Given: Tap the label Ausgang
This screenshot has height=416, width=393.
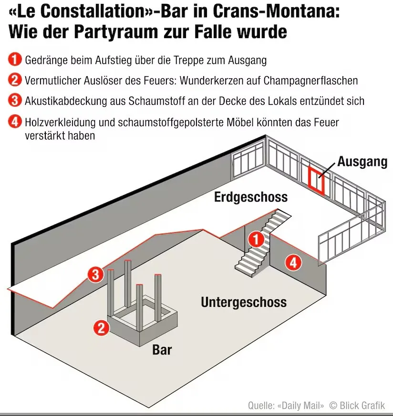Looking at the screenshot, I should (362, 162).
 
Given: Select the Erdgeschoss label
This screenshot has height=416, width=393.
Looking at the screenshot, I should (251, 196).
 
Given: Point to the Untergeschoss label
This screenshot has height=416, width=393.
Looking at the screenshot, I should (243, 302).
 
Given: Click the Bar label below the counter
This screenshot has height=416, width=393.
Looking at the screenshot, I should (162, 350).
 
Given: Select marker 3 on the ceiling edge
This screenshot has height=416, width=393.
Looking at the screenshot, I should (95, 274).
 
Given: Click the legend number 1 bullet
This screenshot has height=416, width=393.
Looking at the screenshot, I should (14, 60).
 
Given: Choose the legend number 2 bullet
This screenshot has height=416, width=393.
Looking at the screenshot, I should (14, 80).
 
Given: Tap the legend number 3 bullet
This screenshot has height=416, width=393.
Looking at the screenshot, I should (14, 101).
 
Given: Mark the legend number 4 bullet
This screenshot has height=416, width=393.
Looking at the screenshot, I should (14, 122).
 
